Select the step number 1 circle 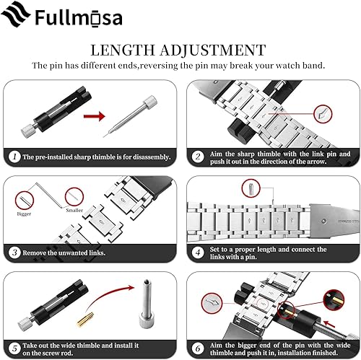(x=14, y=156)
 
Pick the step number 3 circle (x=14, y=252)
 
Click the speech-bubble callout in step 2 (x=326, y=113)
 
